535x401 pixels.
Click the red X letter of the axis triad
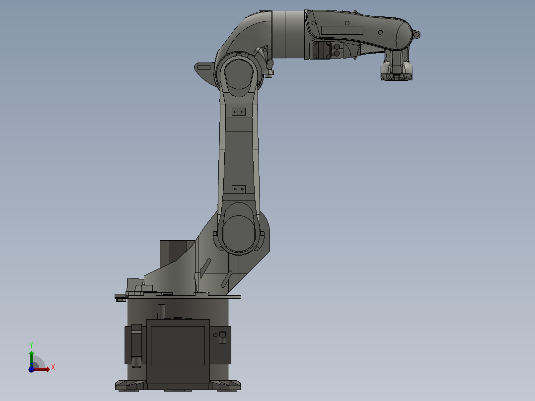pos(53,367)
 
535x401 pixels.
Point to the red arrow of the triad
pos(42,369)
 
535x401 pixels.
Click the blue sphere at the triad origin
pos(31,369)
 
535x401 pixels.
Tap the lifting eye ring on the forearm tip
pos(416,34)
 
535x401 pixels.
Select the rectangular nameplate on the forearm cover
pos(342,30)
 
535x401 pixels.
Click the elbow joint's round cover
pos(239,74)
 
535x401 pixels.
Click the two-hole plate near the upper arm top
pos(239,112)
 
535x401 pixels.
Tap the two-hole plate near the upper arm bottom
pos(239,189)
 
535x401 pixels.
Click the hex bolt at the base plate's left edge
pos(120,297)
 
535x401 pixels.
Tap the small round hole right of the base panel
pos(215,335)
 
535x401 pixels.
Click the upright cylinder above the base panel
pos(161,312)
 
